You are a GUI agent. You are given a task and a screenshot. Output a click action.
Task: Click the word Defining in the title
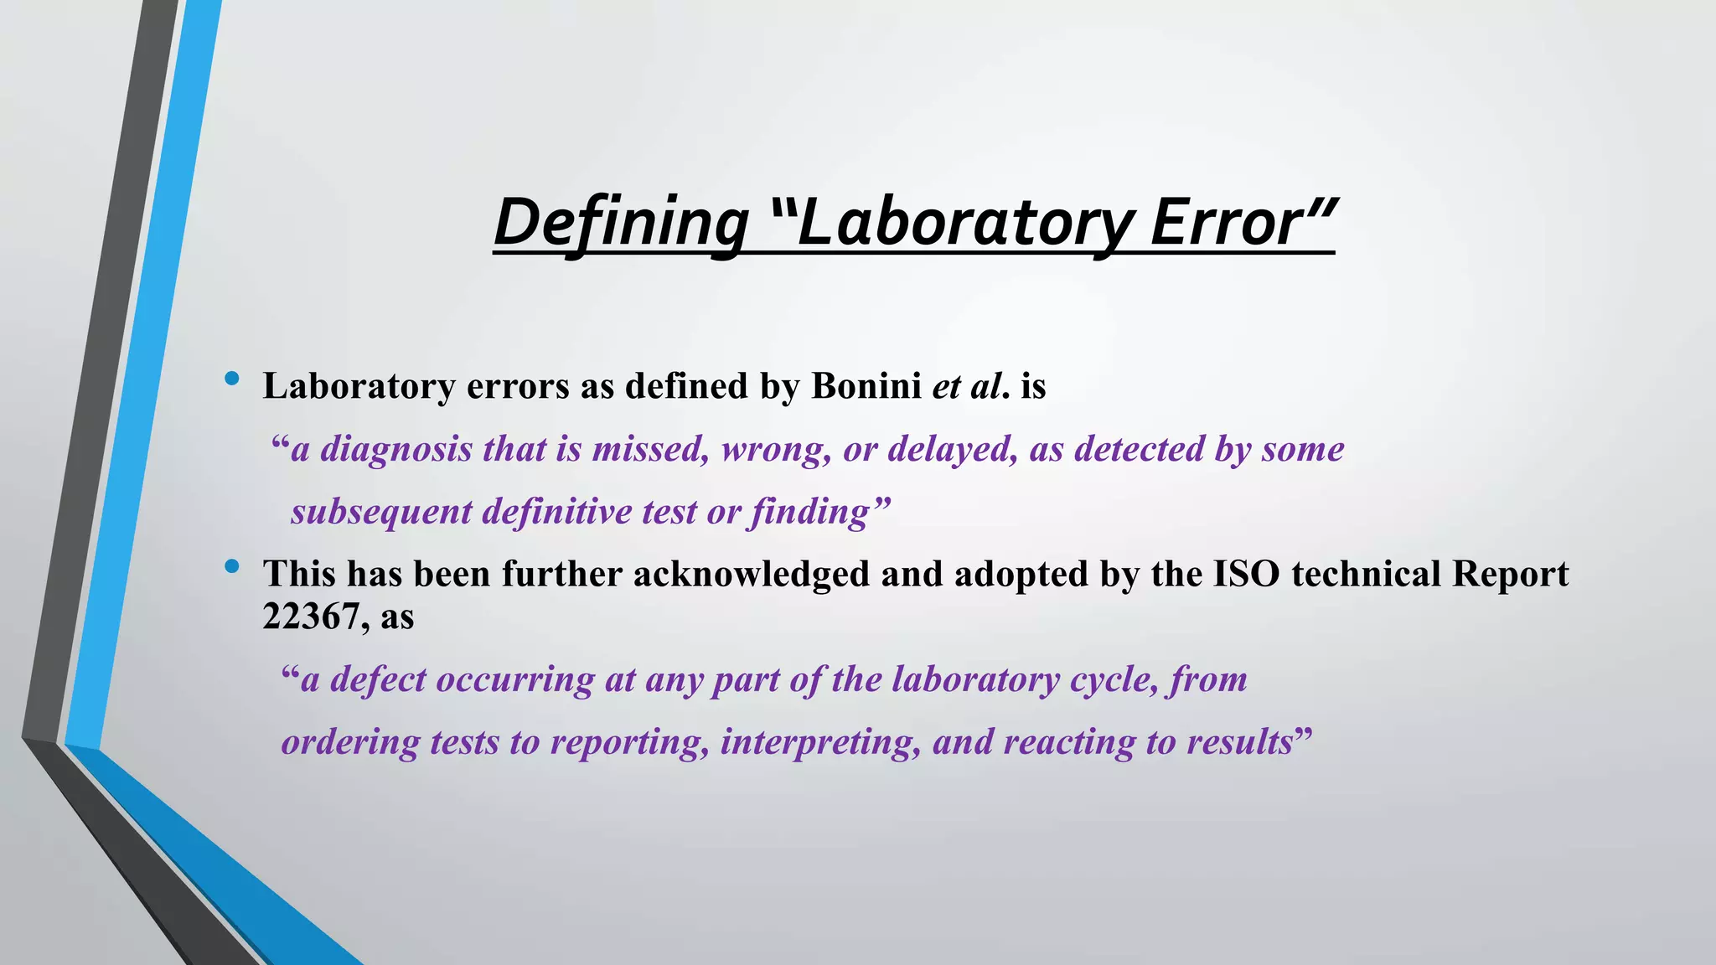tap(621, 223)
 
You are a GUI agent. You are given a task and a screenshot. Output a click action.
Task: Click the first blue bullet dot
tap(232, 379)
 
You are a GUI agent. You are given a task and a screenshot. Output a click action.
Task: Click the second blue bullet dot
tap(232, 567)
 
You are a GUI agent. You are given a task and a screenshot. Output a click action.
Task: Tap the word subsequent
tap(381, 512)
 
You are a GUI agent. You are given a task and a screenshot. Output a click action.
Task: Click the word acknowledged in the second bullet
tap(751, 574)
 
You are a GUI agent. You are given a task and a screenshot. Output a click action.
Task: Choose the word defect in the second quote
tap(378, 679)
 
